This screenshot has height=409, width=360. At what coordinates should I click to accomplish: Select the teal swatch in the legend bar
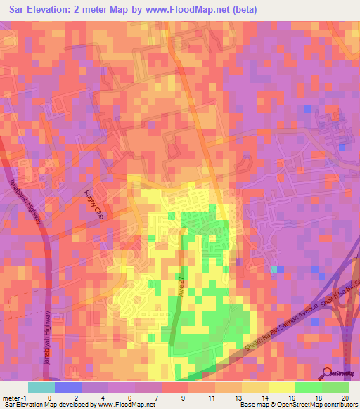(x=41, y=387)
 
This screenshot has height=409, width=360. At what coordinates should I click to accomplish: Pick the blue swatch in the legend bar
(x=68, y=387)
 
